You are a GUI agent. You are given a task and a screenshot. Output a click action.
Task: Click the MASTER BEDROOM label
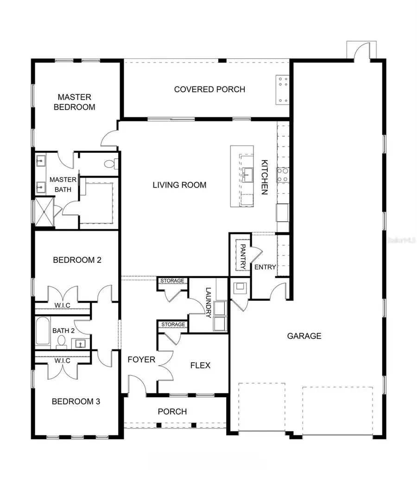tap(76, 102)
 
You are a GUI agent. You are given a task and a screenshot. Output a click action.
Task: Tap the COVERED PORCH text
tap(209, 89)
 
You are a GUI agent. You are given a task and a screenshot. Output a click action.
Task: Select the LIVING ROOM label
tap(179, 185)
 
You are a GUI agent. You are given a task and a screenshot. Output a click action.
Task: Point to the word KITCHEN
tap(265, 177)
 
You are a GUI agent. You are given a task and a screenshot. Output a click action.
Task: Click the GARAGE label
tap(304, 336)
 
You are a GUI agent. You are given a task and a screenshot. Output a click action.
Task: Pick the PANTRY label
tap(242, 257)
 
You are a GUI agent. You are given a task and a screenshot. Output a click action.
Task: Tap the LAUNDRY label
tap(208, 303)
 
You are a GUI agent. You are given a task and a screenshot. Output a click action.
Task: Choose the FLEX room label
tap(200, 365)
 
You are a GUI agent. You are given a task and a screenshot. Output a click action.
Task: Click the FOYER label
tap(141, 359)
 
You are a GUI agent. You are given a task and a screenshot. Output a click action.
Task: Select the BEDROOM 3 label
tap(76, 401)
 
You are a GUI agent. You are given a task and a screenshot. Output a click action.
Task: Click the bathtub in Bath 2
tap(43, 330)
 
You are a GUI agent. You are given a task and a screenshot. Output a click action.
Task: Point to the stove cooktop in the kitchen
tap(282, 175)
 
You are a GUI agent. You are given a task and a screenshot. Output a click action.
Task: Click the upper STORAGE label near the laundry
tap(172, 281)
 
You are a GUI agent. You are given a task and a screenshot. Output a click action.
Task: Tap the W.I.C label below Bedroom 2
tap(63, 305)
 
